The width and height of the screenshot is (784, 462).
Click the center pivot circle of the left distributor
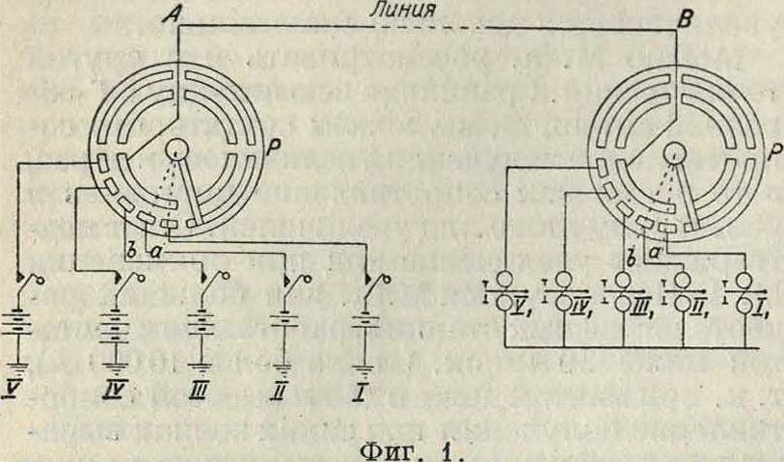point(177,151)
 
